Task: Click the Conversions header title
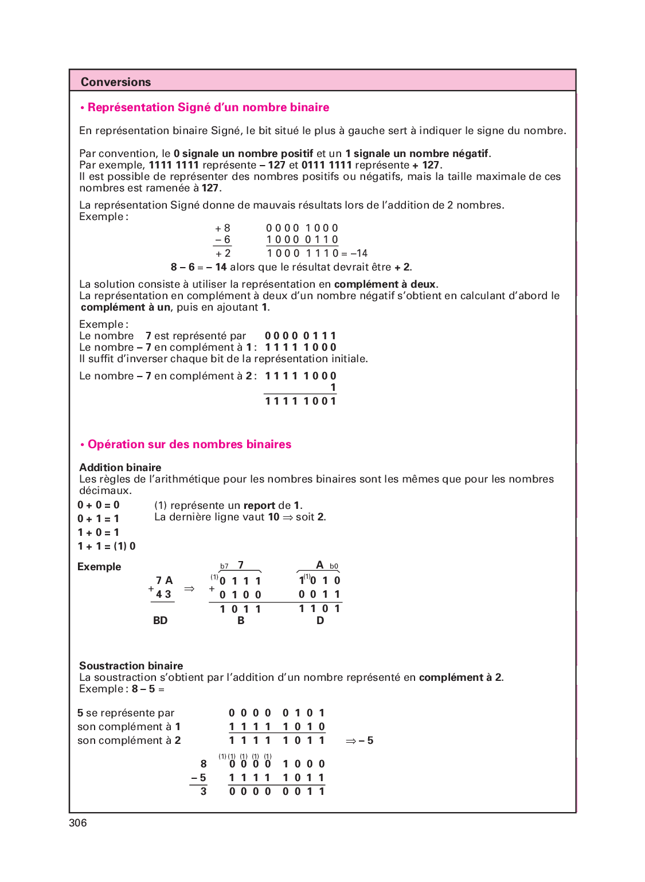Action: click(116, 82)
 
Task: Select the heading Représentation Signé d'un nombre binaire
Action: click(208, 107)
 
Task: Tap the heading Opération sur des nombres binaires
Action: click(189, 444)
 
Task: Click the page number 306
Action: click(78, 823)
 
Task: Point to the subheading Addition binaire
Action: click(120, 468)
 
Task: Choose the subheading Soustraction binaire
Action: click(131, 666)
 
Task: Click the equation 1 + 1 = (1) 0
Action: click(107, 546)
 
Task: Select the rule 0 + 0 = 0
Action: click(99, 505)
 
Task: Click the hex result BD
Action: click(161, 621)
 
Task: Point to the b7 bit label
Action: click(224, 566)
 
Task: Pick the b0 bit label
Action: click(334, 566)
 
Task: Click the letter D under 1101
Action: click(320, 621)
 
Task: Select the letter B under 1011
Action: click(241, 621)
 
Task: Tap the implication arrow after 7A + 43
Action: click(189, 589)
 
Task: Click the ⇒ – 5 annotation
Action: click(359, 741)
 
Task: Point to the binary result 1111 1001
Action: click(300, 401)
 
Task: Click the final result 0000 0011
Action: click(277, 791)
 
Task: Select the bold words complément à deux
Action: click(385, 284)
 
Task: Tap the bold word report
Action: click(259, 505)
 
